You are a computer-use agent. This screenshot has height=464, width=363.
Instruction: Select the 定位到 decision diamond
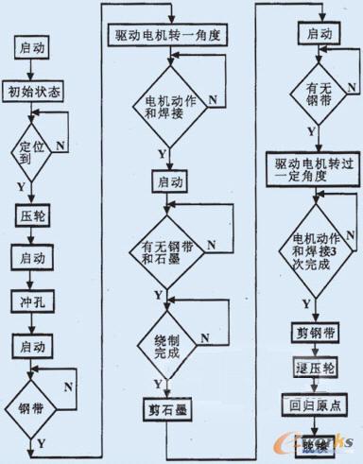click(31, 150)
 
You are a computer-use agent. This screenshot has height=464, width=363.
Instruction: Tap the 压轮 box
click(32, 215)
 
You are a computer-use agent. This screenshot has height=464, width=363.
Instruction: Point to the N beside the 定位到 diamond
click(60, 146)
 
